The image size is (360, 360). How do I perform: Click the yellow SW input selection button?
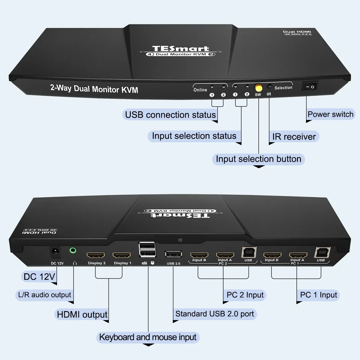[x=258, y=88]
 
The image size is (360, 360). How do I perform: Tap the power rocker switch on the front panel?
[x=310, y=87]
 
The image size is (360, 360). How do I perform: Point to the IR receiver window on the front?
[x=269, y=87]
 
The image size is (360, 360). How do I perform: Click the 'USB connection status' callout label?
[x=170, y=115]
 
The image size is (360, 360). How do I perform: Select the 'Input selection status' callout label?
[x=194, y=136]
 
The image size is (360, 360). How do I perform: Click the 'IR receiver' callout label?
[x=294, y=137]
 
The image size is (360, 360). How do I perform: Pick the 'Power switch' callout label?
[x=330, y=114]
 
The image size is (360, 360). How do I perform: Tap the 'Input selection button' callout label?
[x=258, y=159]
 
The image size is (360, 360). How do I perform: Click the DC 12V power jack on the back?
[x=55, y=252]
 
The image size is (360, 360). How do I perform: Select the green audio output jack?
[x=73, y=250]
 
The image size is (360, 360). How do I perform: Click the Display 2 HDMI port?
[x=96, y=256]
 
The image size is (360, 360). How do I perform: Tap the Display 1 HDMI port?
[x=121, y=256]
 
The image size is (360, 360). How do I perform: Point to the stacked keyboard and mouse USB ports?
[x=147, y=250]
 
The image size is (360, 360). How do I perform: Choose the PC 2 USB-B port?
[x=249, y=253]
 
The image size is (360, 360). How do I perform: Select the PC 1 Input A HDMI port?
[x=298, y=255]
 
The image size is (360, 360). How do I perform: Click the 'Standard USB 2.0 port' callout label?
[x=214, y=314]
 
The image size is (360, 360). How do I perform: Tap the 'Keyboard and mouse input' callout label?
[x=148, y=337]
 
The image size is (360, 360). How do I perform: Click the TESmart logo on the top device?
[x=181, y=49]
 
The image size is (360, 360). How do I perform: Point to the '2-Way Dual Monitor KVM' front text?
[x=94, y=89]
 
